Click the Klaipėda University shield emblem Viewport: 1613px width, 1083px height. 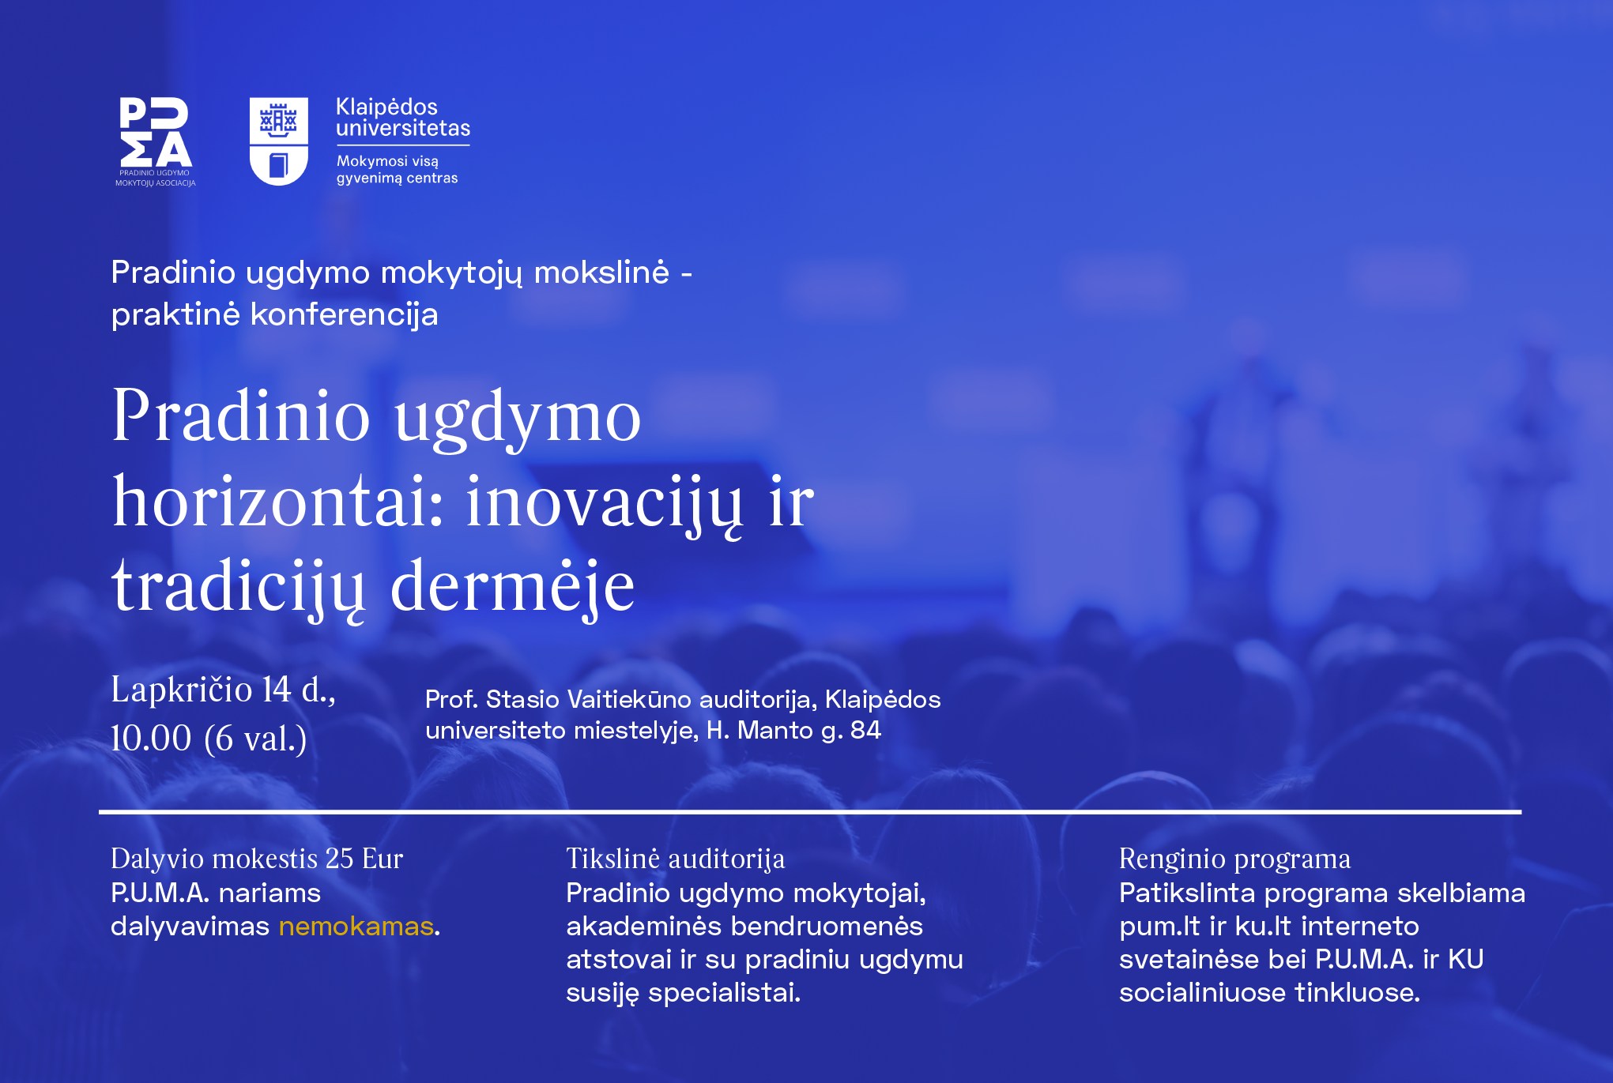[x=278, y=141]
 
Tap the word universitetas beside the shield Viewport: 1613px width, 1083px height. [x=403, y=128]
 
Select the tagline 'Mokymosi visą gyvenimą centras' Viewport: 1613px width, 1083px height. [x=398, y=169]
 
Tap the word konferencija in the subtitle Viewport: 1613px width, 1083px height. [x=345, y=315]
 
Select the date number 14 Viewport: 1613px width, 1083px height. [x=277, y=690]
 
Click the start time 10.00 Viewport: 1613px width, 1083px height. [x=151, y=739]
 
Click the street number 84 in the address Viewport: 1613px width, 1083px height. [x=865, y=730]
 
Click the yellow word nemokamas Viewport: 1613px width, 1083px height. [x=356, y=926]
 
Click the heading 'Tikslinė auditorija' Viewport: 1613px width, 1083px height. [x=676, y=859]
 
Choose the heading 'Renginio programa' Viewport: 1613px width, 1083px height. [x=1235, y=859]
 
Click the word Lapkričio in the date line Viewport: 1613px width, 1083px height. [x=182, y=690]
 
